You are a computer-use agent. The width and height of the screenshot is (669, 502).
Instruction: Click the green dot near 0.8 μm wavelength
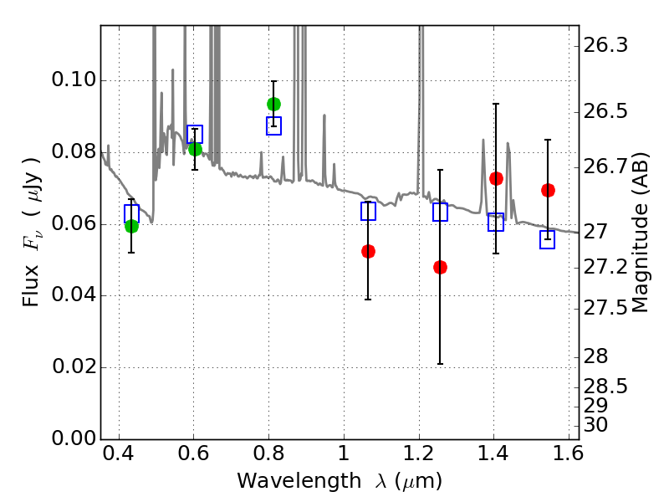[273, 104]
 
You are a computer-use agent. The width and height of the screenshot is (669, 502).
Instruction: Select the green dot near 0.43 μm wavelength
[131, 226]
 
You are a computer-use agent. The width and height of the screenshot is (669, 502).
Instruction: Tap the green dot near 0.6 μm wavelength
[195, 150]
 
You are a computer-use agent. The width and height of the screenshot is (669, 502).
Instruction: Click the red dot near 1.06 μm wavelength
[368, 252]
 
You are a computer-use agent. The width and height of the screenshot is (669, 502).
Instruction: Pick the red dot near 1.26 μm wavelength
[440, 267]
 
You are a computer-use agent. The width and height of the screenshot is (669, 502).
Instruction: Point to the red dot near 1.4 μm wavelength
[496, 178]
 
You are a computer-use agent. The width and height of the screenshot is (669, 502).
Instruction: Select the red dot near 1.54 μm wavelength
[548, 191]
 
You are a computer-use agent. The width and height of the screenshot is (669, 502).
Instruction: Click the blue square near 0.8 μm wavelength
[273, 126]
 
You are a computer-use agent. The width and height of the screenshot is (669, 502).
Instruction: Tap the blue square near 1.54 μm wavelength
[547, 239]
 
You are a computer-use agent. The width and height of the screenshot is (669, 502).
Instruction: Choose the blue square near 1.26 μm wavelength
[440, 213]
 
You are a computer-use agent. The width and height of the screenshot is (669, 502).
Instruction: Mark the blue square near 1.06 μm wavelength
[368, 212]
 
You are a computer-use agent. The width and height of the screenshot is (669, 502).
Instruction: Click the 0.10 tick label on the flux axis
[74, 79]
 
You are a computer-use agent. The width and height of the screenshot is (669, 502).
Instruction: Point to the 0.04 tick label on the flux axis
[74, 295]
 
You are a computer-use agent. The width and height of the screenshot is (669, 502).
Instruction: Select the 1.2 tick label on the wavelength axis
[419, 453]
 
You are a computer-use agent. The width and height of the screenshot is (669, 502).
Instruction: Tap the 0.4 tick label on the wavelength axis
[119, 453]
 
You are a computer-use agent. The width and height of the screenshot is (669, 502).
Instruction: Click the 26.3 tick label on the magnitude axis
[605, 45]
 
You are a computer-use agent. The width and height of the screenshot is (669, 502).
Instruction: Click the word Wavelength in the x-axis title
[299, 481]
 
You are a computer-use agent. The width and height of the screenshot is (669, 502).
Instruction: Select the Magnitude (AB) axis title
[640, 233]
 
